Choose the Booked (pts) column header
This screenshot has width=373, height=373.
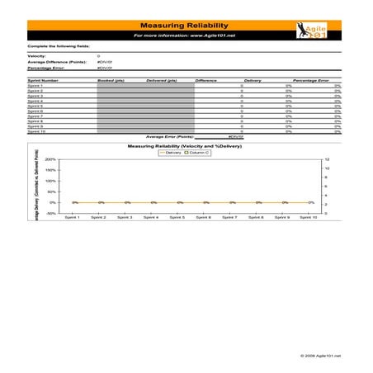[x=110, y=80]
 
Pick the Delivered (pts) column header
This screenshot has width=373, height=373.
[x=161, y=80]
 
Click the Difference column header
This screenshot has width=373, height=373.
[x=205, y=80]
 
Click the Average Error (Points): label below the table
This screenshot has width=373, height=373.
[x=169, y=136]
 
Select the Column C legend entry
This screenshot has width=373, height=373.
[x=199, y=153]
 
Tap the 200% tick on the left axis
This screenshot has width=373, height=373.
[x=50, y=159]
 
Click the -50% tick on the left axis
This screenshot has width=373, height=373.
[x=51, y=213]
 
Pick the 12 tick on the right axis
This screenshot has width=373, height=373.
[x=327, y=159]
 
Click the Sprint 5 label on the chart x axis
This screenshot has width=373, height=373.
[x=177, y=218]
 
